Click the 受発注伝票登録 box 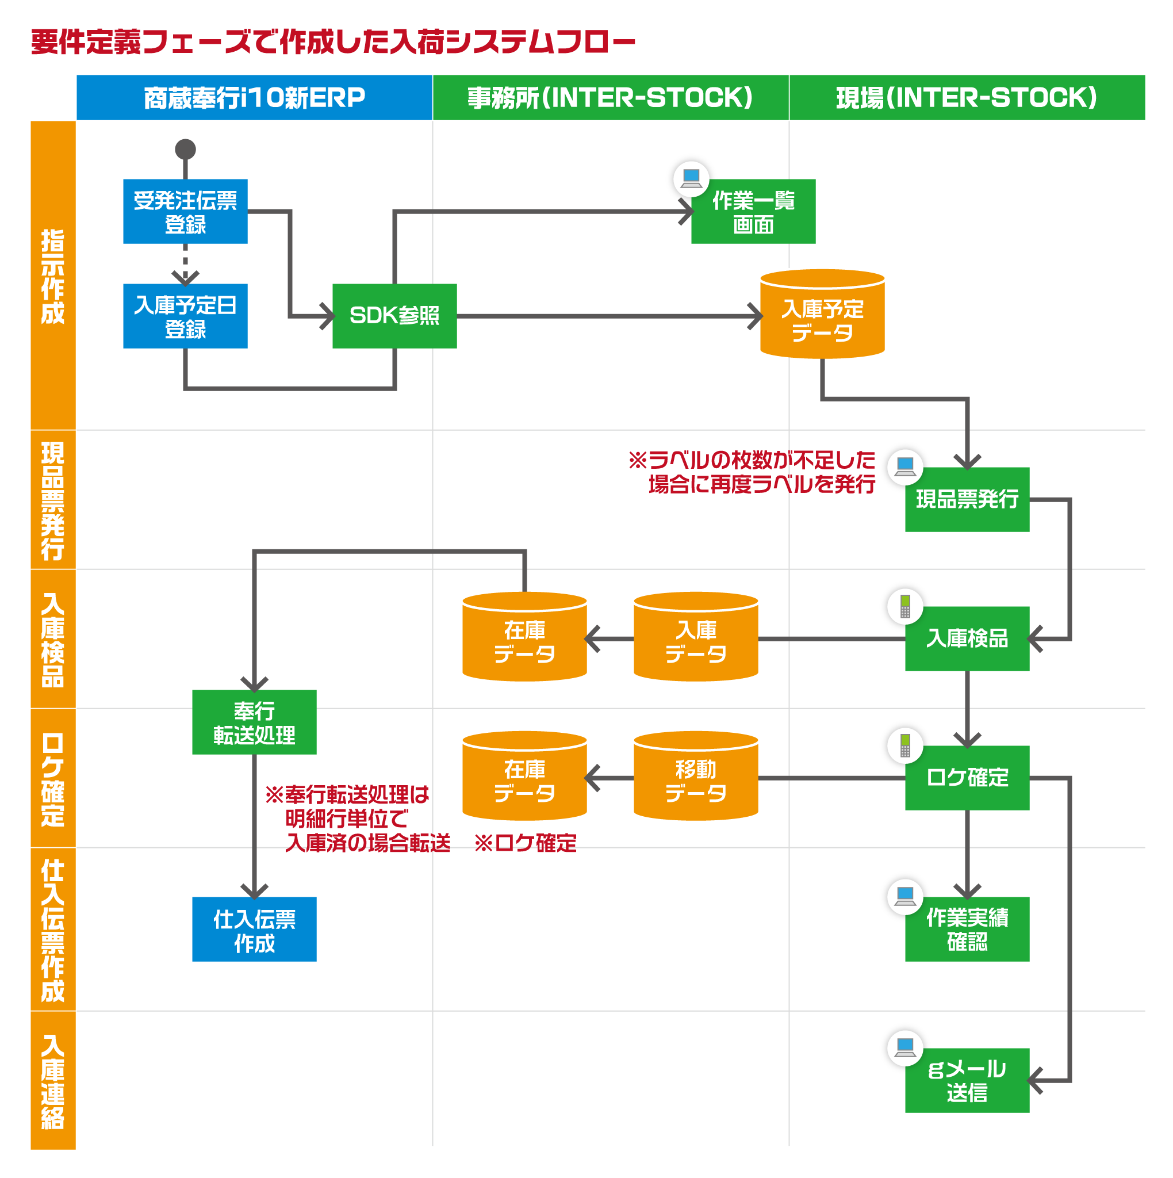pyautogui.click(x=185, y=212)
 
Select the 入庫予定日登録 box pyautogui.click(x=185, y=316)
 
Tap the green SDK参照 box pyautogui.click(x=394, y=316)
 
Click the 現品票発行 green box pyautogui.click(x=967, y=499)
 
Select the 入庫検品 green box pyautogui.click(x=967, y=638)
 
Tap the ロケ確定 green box pyautogui.click(x=967, y=778)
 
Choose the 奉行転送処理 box pyautogui.click(x=254, y=722)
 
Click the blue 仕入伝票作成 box pyautogui.click(x=254, y=930)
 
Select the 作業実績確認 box pyautogui.click(x=967, y=930)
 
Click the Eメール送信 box pyautogui.click(x=967, y=1080)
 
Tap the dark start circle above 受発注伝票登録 pyautogui.click(x=185, y=150)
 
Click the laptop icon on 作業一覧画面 pyautogui.click(x=691, y=178)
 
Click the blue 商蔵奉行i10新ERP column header pyautogui.click(x=254, y=98)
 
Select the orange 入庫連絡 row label pyautogui.click(x=53, y=1081)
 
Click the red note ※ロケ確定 pyautogui.click(x=525, y=843)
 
